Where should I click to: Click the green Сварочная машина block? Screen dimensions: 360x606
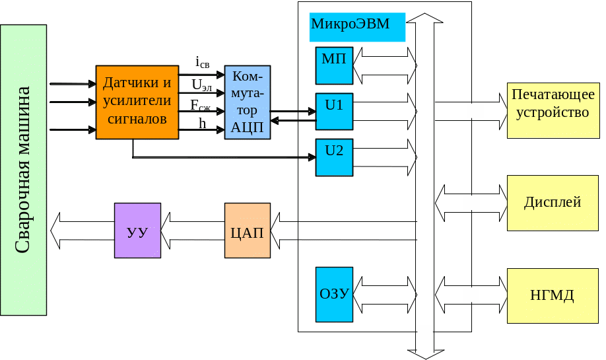[x=23, y=170]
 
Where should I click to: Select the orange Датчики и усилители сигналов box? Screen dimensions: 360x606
[x=137, y=102]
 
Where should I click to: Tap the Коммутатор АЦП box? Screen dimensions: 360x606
[x=248, y=102]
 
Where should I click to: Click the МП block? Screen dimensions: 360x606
[x=334, y=65]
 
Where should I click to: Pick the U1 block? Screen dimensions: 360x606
[x=334, y=111]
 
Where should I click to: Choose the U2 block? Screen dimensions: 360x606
[x=334, y=157]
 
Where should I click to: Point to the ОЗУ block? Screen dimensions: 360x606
[x=334, y=294]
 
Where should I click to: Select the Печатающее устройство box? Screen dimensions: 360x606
[x=553, y=110]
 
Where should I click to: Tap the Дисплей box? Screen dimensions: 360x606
[x=553, y=203]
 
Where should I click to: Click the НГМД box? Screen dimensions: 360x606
[x=553, y=295]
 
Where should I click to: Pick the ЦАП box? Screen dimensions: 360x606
[x=248, y=231]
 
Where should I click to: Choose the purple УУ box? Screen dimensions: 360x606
[x=137, y=231]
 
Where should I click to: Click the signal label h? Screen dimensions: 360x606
[x=203, y=123]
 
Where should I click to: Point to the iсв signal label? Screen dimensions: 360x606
[x=203, y=63]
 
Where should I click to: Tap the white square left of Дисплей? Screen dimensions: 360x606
[x=471, y=203]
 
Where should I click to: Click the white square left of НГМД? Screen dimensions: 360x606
[x=471, y=295]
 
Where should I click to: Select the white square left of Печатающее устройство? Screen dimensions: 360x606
[x=475, y=111]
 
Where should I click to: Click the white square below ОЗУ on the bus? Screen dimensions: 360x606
[x=425, y=332]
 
